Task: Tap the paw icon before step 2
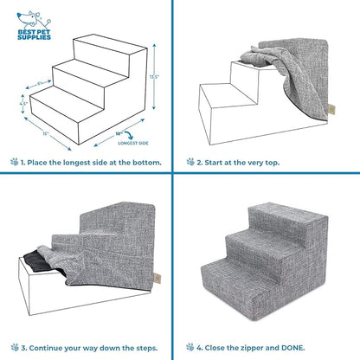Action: [x=191, y=161]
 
